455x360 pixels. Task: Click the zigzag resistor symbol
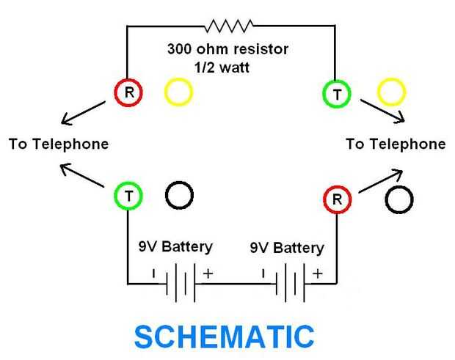(229, 26)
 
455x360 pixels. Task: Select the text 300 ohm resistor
(227, 50)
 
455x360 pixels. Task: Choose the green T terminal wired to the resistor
(336, 93)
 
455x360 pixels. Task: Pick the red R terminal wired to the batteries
(337, 198)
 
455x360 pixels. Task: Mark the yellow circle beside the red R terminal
(178, 92)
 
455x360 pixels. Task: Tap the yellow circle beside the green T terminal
(391, 92)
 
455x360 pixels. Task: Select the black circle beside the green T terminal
(179, 196)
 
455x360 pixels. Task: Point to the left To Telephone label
(59, 144)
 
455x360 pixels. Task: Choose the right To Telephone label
(396, 144)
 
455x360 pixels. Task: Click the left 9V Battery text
(175, 246)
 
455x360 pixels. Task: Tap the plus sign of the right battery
(317, 273)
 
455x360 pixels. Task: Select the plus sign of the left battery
(208, 273)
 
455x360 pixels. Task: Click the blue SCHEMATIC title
(225, 336)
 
